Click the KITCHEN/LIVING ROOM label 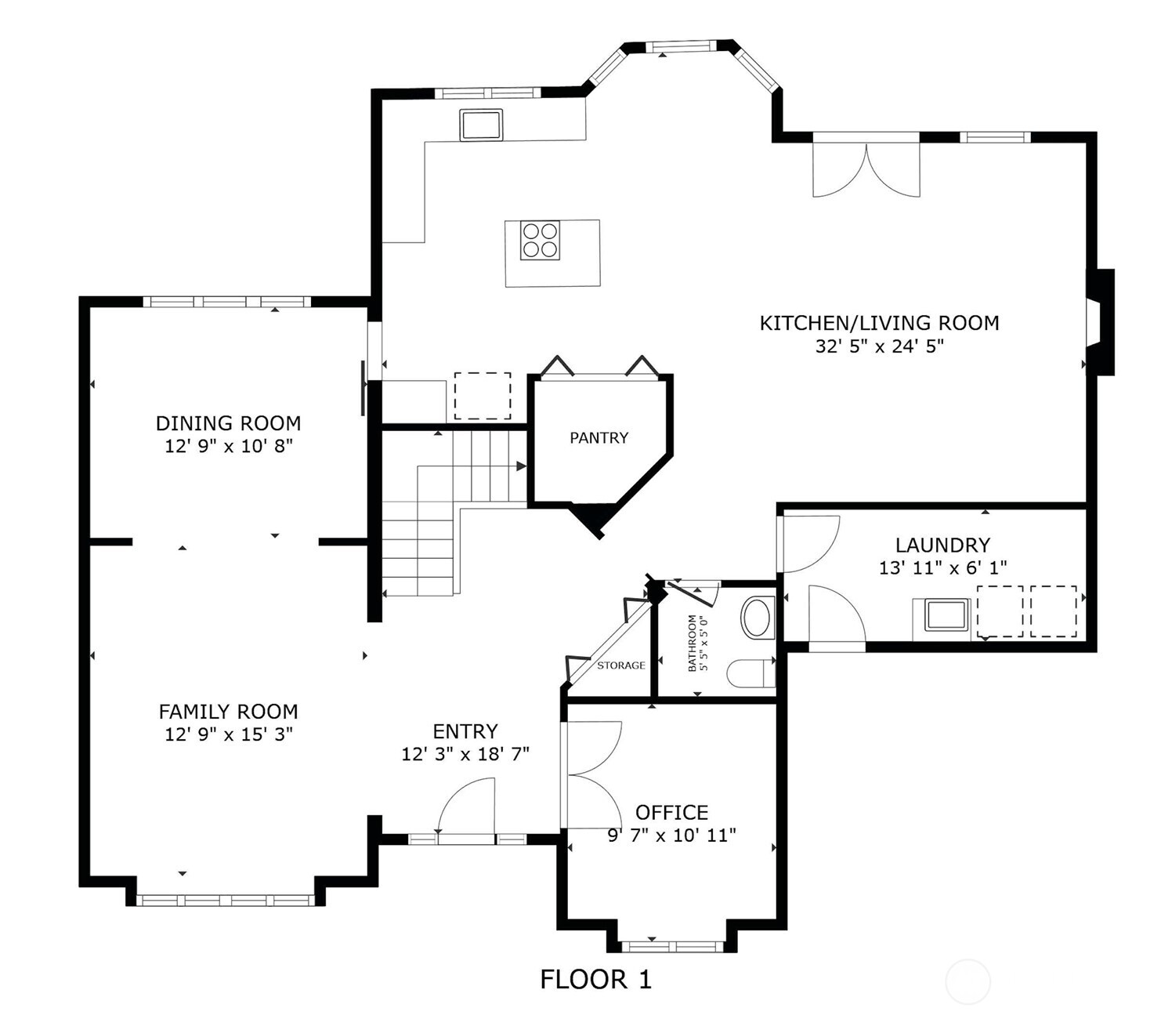pyautogui.click(x=879, y=323)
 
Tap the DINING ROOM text pyautogui.click(x=228, y=423)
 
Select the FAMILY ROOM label pyautogui.click(x=228, y=712)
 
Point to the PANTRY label pyautogui.click(x=599, y=438)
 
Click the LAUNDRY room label pyautogui.click(x=942, y=545)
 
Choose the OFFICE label pyautogui.click(x=671, y=812)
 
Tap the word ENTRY pyautogui.click(x=465, y=731)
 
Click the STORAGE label pyautogui.click(x=620, y=665)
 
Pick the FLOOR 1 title pyautogui.click(x=595, y=980)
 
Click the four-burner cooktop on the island pyautogui.click(x=541, y=240)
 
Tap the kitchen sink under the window pyautogui.click(x=481, y=125)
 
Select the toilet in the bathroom pyautogui.click(x=750, y=673)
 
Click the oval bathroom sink pyautogui.click(x=758, y=618)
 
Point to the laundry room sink pyautogui.click(x=946, y=615)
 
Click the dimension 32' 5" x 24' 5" pyautogui.click(x=879, y=346)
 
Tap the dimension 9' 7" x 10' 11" pyautogui.click(x=671, y=836)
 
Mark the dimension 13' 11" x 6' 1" pyautogui.click(x=942, y=568)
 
